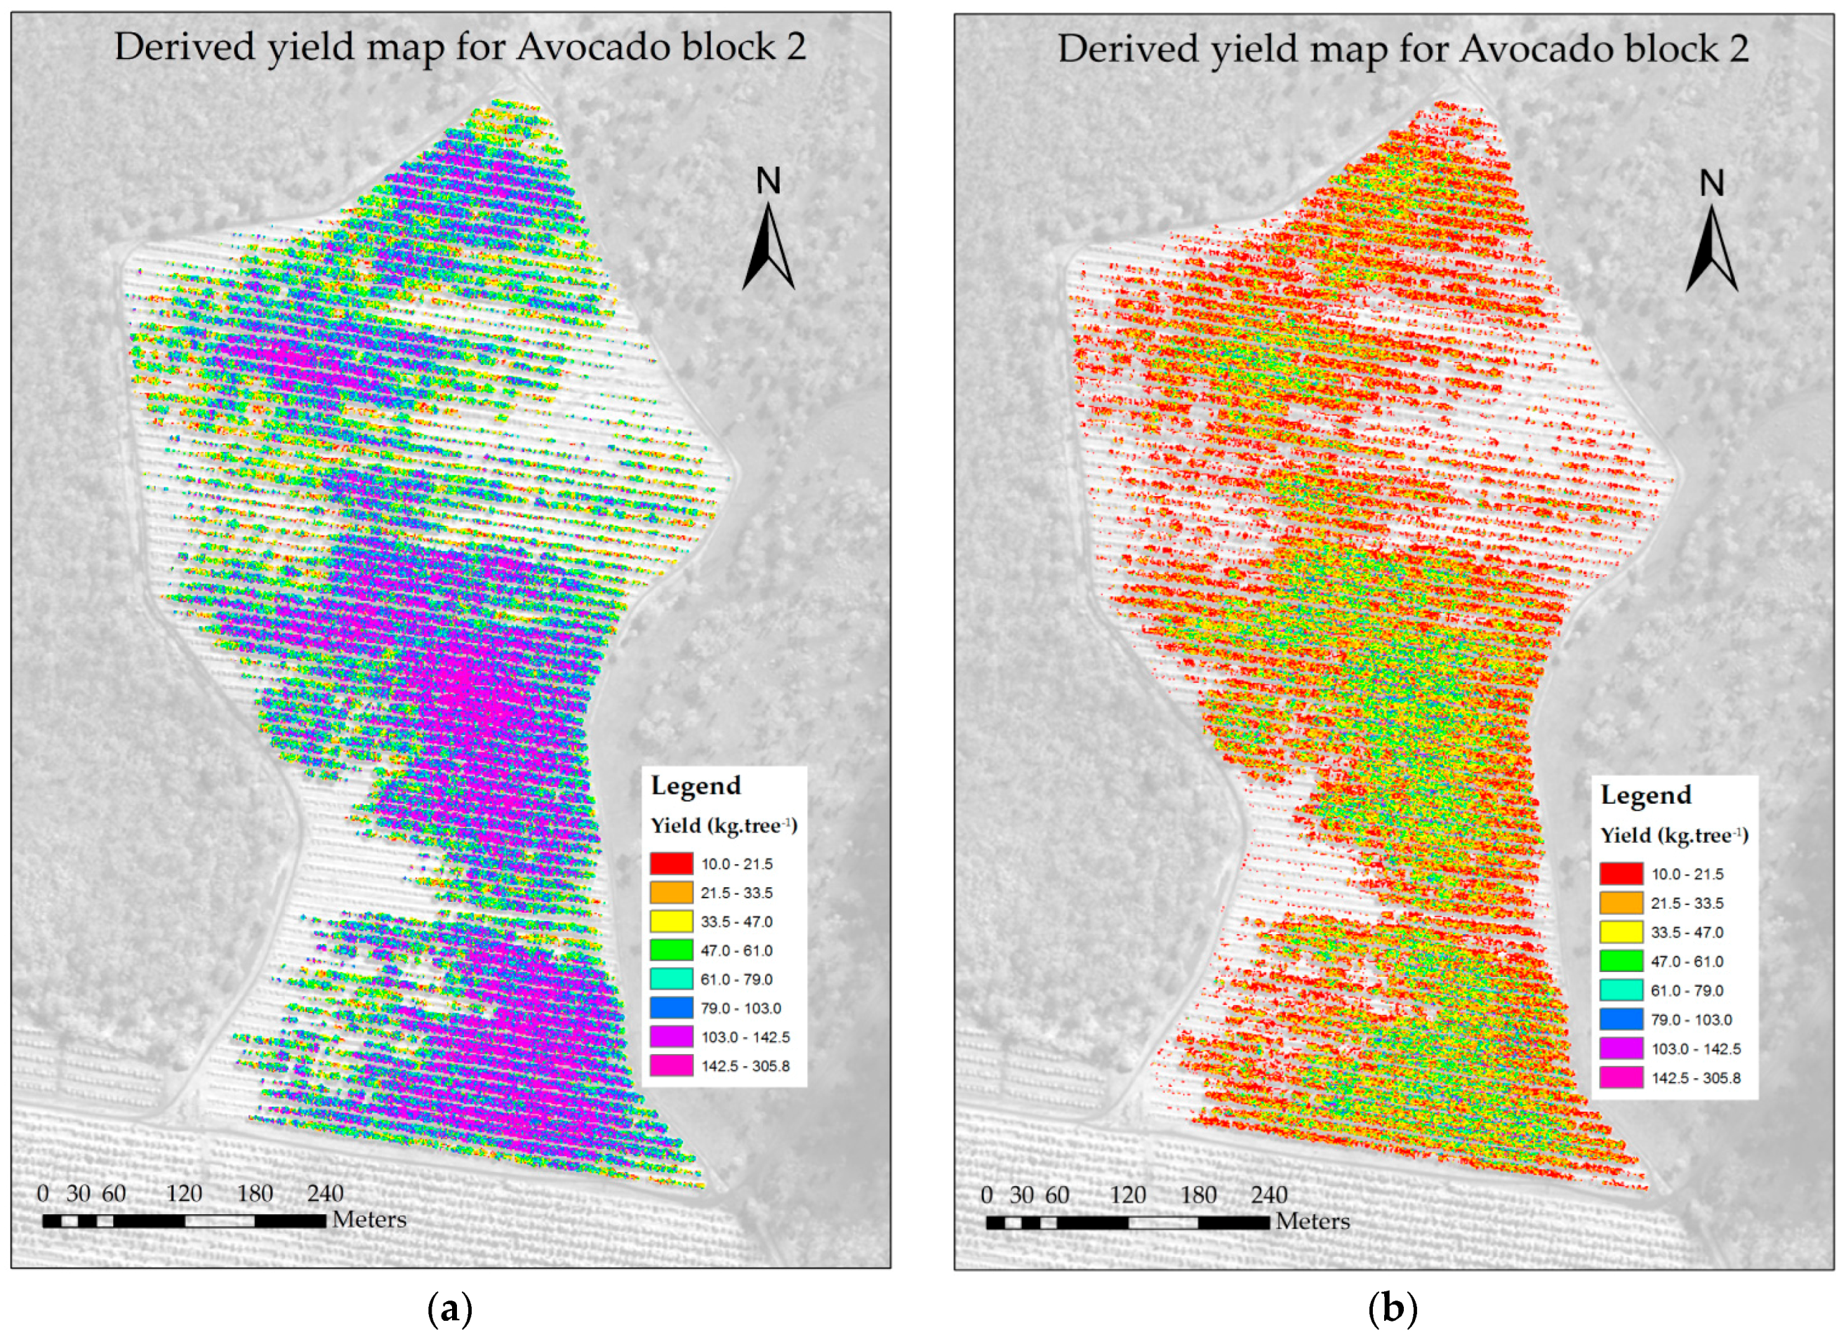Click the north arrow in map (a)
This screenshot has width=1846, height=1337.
tap(768, 244)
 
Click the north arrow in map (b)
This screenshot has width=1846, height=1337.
tap(1711, 246)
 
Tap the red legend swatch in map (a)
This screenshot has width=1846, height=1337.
tap(672, 863)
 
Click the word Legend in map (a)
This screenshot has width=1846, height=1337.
tap(696, 785)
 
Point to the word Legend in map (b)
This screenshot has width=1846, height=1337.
tap(1646, 795)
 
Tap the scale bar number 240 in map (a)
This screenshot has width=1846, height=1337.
tap(326, 1194)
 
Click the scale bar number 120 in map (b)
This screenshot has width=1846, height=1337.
tap(1127, 1195)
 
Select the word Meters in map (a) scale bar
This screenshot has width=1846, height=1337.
tap(368, 1220)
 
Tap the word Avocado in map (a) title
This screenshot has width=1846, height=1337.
tap(575, 47)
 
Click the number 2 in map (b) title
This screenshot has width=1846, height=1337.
tap(1739, 50)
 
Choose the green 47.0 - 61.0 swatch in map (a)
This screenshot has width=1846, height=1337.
tap(672, 950)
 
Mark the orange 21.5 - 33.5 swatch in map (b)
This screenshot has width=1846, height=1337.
tap(1621, 903)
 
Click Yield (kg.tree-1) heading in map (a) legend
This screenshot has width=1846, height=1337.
tap(724, 826)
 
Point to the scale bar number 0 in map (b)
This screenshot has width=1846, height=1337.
tap(986, 1195)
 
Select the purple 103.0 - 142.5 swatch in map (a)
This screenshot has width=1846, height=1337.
tap(672, 1037)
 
